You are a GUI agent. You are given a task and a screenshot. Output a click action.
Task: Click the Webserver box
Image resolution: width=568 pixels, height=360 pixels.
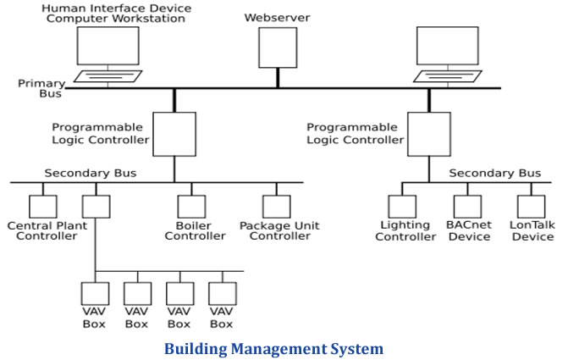pos(277,47)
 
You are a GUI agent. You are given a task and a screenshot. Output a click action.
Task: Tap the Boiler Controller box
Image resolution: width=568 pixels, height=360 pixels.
pos(190,206)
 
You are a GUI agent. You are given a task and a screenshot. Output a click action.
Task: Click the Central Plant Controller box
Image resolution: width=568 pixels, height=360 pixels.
pos(42,206)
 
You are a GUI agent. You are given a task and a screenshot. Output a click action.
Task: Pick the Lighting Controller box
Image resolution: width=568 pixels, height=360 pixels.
pos(402,206)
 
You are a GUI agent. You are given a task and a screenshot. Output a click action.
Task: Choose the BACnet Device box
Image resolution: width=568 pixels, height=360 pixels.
pos(467,206)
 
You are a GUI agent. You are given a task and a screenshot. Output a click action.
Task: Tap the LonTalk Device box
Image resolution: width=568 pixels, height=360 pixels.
pos(531,206)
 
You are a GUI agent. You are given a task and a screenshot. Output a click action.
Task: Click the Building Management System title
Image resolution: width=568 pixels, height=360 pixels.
pos(273,348)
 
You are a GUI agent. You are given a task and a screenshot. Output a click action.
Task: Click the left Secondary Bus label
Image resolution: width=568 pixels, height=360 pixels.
pos(90,174)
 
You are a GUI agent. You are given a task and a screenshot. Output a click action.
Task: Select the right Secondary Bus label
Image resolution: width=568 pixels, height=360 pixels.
pos(494,174)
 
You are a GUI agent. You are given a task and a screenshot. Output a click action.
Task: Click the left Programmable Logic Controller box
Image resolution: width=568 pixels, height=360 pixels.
pos(174,134)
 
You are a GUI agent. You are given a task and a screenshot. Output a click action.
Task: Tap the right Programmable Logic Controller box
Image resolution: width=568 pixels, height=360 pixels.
pos(428,134)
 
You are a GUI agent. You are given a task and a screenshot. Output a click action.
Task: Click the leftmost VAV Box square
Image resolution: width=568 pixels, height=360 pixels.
pos(95,293)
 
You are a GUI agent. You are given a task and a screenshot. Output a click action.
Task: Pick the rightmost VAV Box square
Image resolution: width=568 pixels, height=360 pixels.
pos(222,293)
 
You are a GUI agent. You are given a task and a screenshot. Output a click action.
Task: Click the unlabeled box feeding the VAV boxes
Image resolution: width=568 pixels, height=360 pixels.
pos(96,206)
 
